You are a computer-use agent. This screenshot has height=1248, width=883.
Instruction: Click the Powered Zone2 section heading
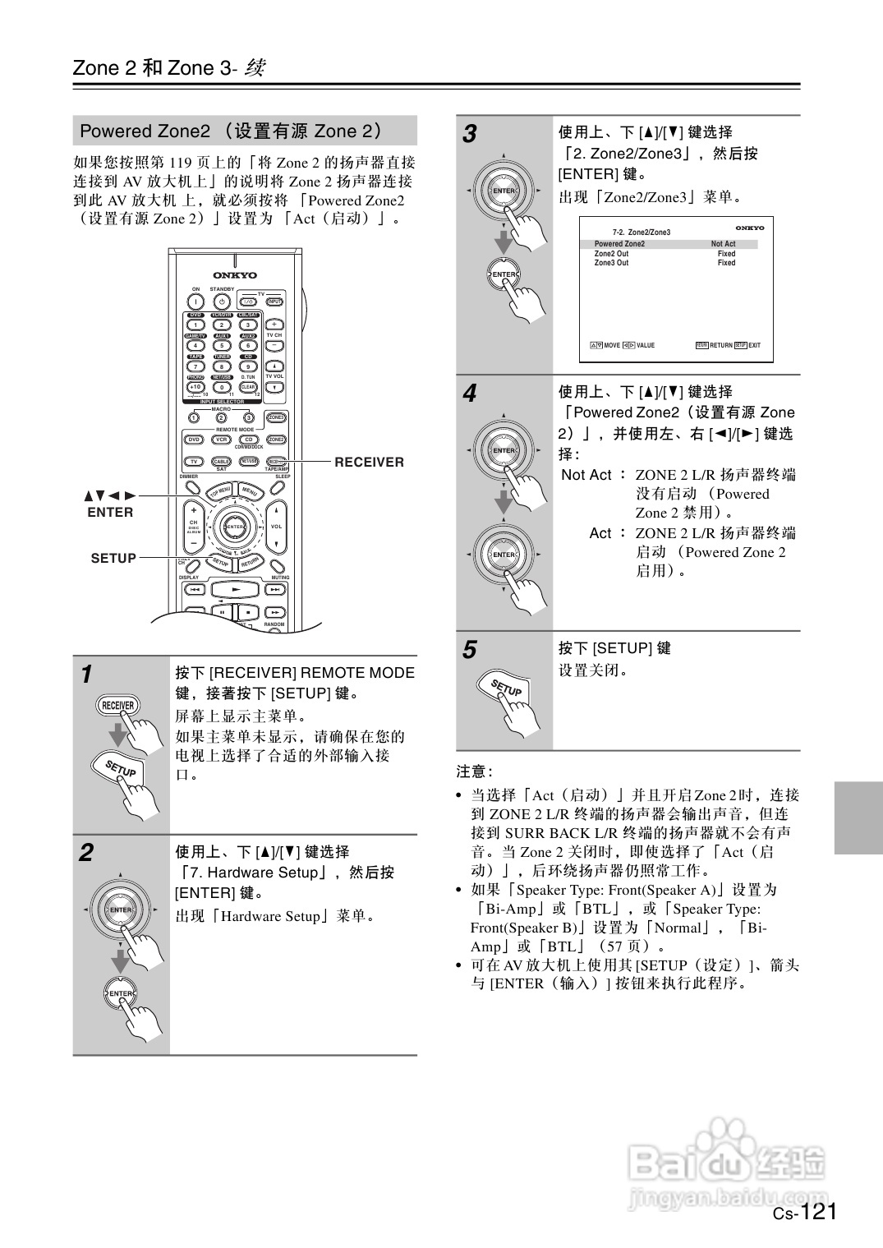230,131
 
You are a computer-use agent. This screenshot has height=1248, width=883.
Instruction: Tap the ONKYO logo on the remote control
235,275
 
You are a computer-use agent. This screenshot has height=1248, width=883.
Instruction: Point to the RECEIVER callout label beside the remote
369,463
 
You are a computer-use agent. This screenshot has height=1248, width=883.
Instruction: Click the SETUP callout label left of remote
113,558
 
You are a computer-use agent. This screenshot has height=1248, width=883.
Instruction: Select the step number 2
86,853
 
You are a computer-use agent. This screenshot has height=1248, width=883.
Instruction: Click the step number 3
469,134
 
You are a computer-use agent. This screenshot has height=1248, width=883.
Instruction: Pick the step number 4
469,394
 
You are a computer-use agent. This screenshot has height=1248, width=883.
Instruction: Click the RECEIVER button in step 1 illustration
117,706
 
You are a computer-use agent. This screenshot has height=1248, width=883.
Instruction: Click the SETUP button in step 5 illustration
506,688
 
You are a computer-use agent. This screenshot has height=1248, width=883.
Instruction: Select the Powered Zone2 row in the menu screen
619,244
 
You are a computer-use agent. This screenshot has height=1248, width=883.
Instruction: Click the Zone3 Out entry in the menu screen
611,263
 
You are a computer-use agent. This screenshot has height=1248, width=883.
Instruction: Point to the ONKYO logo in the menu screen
749,228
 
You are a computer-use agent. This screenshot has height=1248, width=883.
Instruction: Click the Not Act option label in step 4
586,475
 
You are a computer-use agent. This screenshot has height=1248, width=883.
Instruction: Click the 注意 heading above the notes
474,771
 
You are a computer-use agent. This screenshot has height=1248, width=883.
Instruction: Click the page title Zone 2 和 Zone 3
168,68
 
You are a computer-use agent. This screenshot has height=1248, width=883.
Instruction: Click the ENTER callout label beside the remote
110,513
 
